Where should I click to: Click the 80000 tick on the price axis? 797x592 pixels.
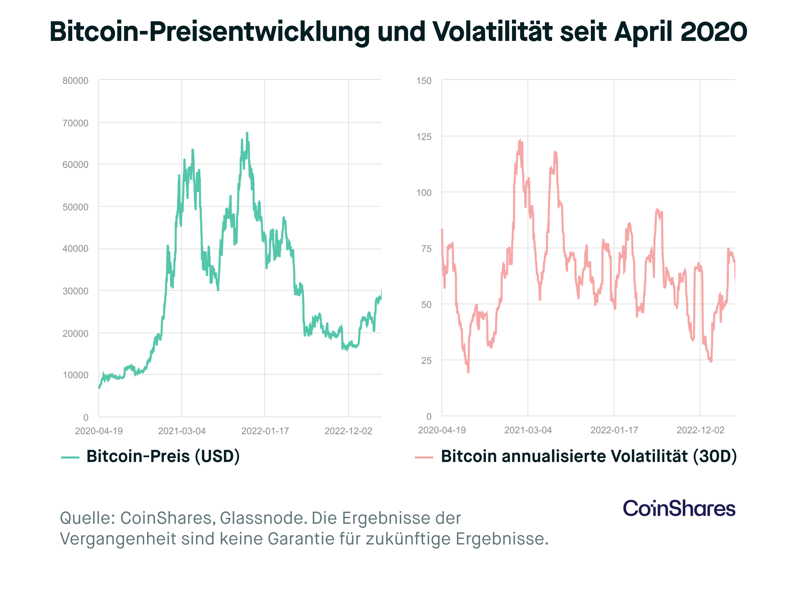point(75,81)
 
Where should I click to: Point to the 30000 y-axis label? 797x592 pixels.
point(75,291)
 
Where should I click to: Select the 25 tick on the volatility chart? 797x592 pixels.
point(426,361)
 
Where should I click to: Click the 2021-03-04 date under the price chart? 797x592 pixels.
point(182,431)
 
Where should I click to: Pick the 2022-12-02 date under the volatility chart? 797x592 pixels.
point(700,430)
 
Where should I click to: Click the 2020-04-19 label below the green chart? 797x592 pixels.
point(99,431)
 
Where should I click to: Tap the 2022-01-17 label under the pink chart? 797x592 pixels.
point(614,430)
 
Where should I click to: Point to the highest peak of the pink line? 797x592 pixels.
point(520,141)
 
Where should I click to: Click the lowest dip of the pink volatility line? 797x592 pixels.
point(468,372)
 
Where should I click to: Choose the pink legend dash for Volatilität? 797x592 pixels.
point(424,457)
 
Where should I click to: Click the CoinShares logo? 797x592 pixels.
point(679,508)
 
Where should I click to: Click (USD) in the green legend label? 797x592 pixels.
point(217,457)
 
